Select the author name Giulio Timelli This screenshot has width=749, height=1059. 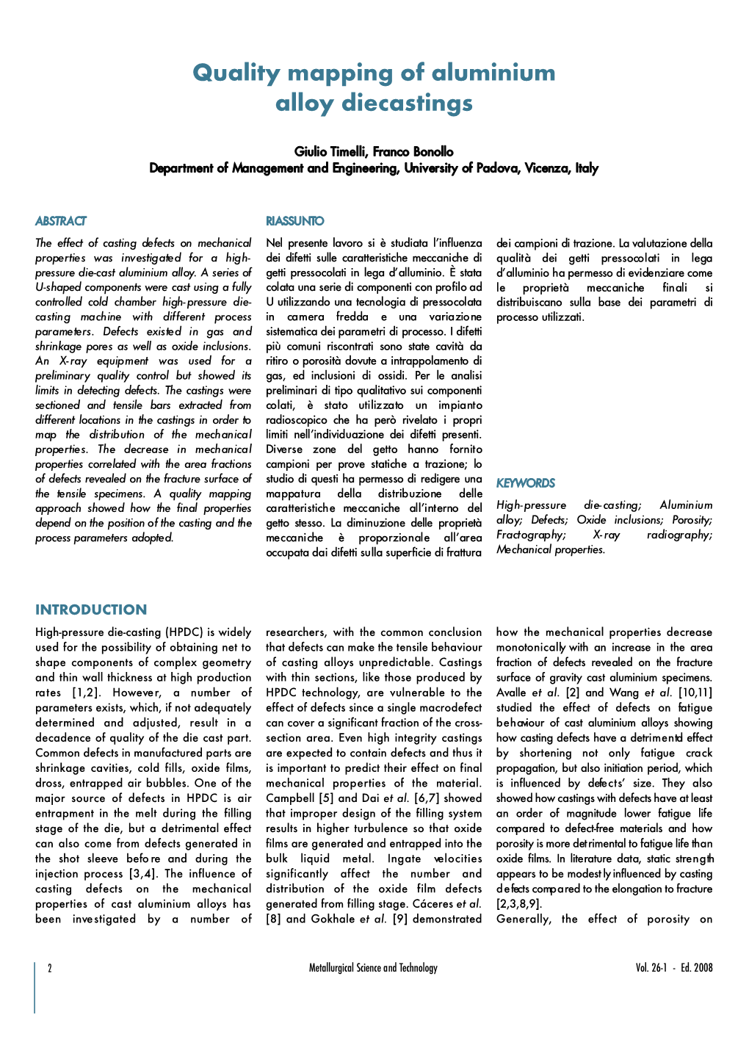[330, 152]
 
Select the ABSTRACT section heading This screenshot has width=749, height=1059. [60, 221]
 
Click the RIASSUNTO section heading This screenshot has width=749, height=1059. [294, 221]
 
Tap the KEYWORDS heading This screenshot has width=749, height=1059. [525, 483]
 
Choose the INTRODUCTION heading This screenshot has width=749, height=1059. [91, 610]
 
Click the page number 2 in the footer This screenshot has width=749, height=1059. [50, 968]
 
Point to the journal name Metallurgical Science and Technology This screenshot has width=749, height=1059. [373, 968]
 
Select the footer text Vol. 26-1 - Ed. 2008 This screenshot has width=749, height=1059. [673, 968]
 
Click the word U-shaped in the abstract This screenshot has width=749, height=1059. [62, 287]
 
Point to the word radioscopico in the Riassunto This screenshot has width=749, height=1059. [298, 420]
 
